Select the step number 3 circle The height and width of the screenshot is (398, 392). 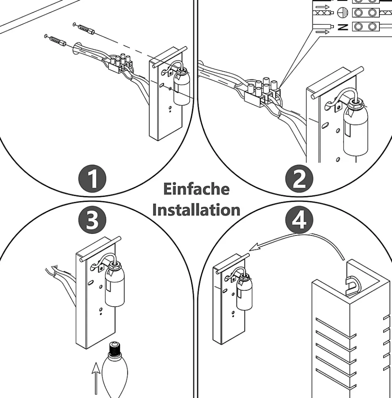92,221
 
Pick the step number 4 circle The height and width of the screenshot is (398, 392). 299,221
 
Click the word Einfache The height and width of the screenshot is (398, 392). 196,189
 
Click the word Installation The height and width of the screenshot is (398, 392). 196,210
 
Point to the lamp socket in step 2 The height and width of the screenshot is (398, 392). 354,129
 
